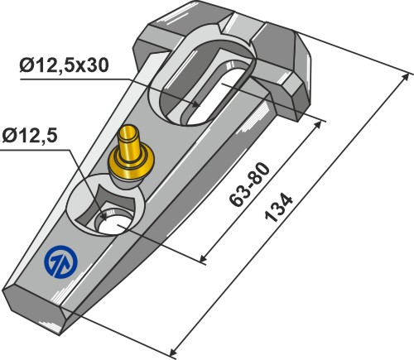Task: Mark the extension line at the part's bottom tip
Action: [124, 331]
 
